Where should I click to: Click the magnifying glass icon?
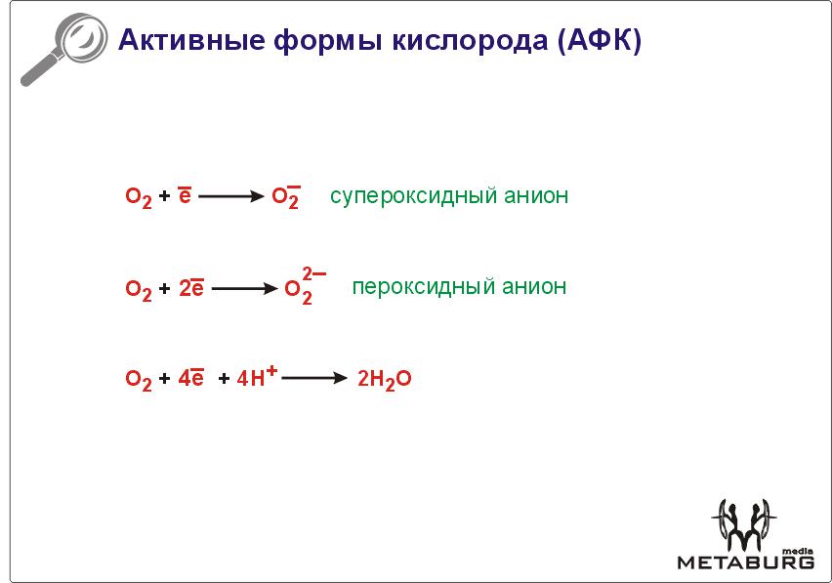[62, 49]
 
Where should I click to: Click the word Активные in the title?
[191, 40]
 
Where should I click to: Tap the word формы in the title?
[328, 41]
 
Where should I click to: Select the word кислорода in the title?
[470, 41]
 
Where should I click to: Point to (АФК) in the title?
[600, 40]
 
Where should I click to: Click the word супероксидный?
[413, 196]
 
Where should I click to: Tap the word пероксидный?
[424, 287]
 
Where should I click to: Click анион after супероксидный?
[536, 195]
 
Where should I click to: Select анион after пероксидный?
[534, 286]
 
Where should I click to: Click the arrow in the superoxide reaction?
[231, 196]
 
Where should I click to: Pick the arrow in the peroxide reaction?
[244, 288]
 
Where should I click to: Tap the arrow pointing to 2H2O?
[314, 378]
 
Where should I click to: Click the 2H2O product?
[384, 380]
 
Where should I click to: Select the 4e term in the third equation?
[191, 377]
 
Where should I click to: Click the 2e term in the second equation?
[191, 287]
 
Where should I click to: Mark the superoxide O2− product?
[286, 197]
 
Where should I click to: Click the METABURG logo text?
[745, 562]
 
